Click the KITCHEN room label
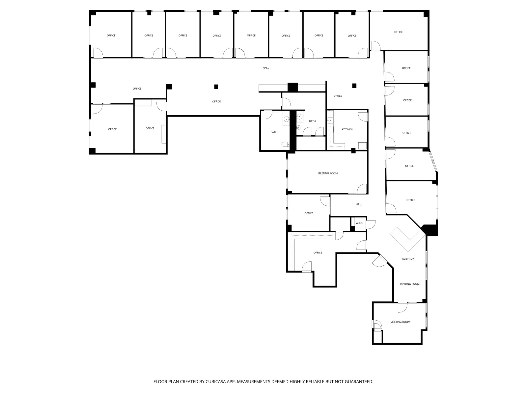point(347,129)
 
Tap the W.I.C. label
point(359,223)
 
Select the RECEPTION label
point(407,259)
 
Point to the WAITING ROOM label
point(410,284)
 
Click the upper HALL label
point(266,68)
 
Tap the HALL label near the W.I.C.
point(359,204)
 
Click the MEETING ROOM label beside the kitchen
point(327,173)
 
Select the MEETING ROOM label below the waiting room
point(400,322)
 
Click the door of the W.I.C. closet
point(371,224)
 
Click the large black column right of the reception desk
point(430,230)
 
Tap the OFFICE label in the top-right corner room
point(398,32)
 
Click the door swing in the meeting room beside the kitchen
point(362,189)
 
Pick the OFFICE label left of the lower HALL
point(309,213)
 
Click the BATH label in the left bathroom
point(274,132)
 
